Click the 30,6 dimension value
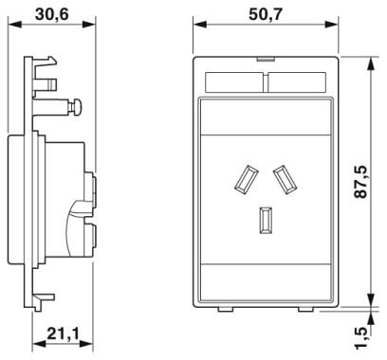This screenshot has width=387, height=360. [x=51, y=14]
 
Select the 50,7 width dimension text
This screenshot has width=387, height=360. [x=265, y=14]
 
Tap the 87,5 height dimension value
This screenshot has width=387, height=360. [x=360, y=182]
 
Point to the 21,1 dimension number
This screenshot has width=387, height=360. [x=63, y=333]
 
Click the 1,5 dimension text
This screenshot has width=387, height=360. [x=360, y=337]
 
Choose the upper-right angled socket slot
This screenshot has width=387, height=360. [x=286, y=179]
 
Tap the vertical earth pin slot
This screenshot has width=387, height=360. [x=266, y=220]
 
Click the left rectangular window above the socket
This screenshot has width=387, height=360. [x=234, y=82]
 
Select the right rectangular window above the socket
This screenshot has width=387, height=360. [x=297, y=82]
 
